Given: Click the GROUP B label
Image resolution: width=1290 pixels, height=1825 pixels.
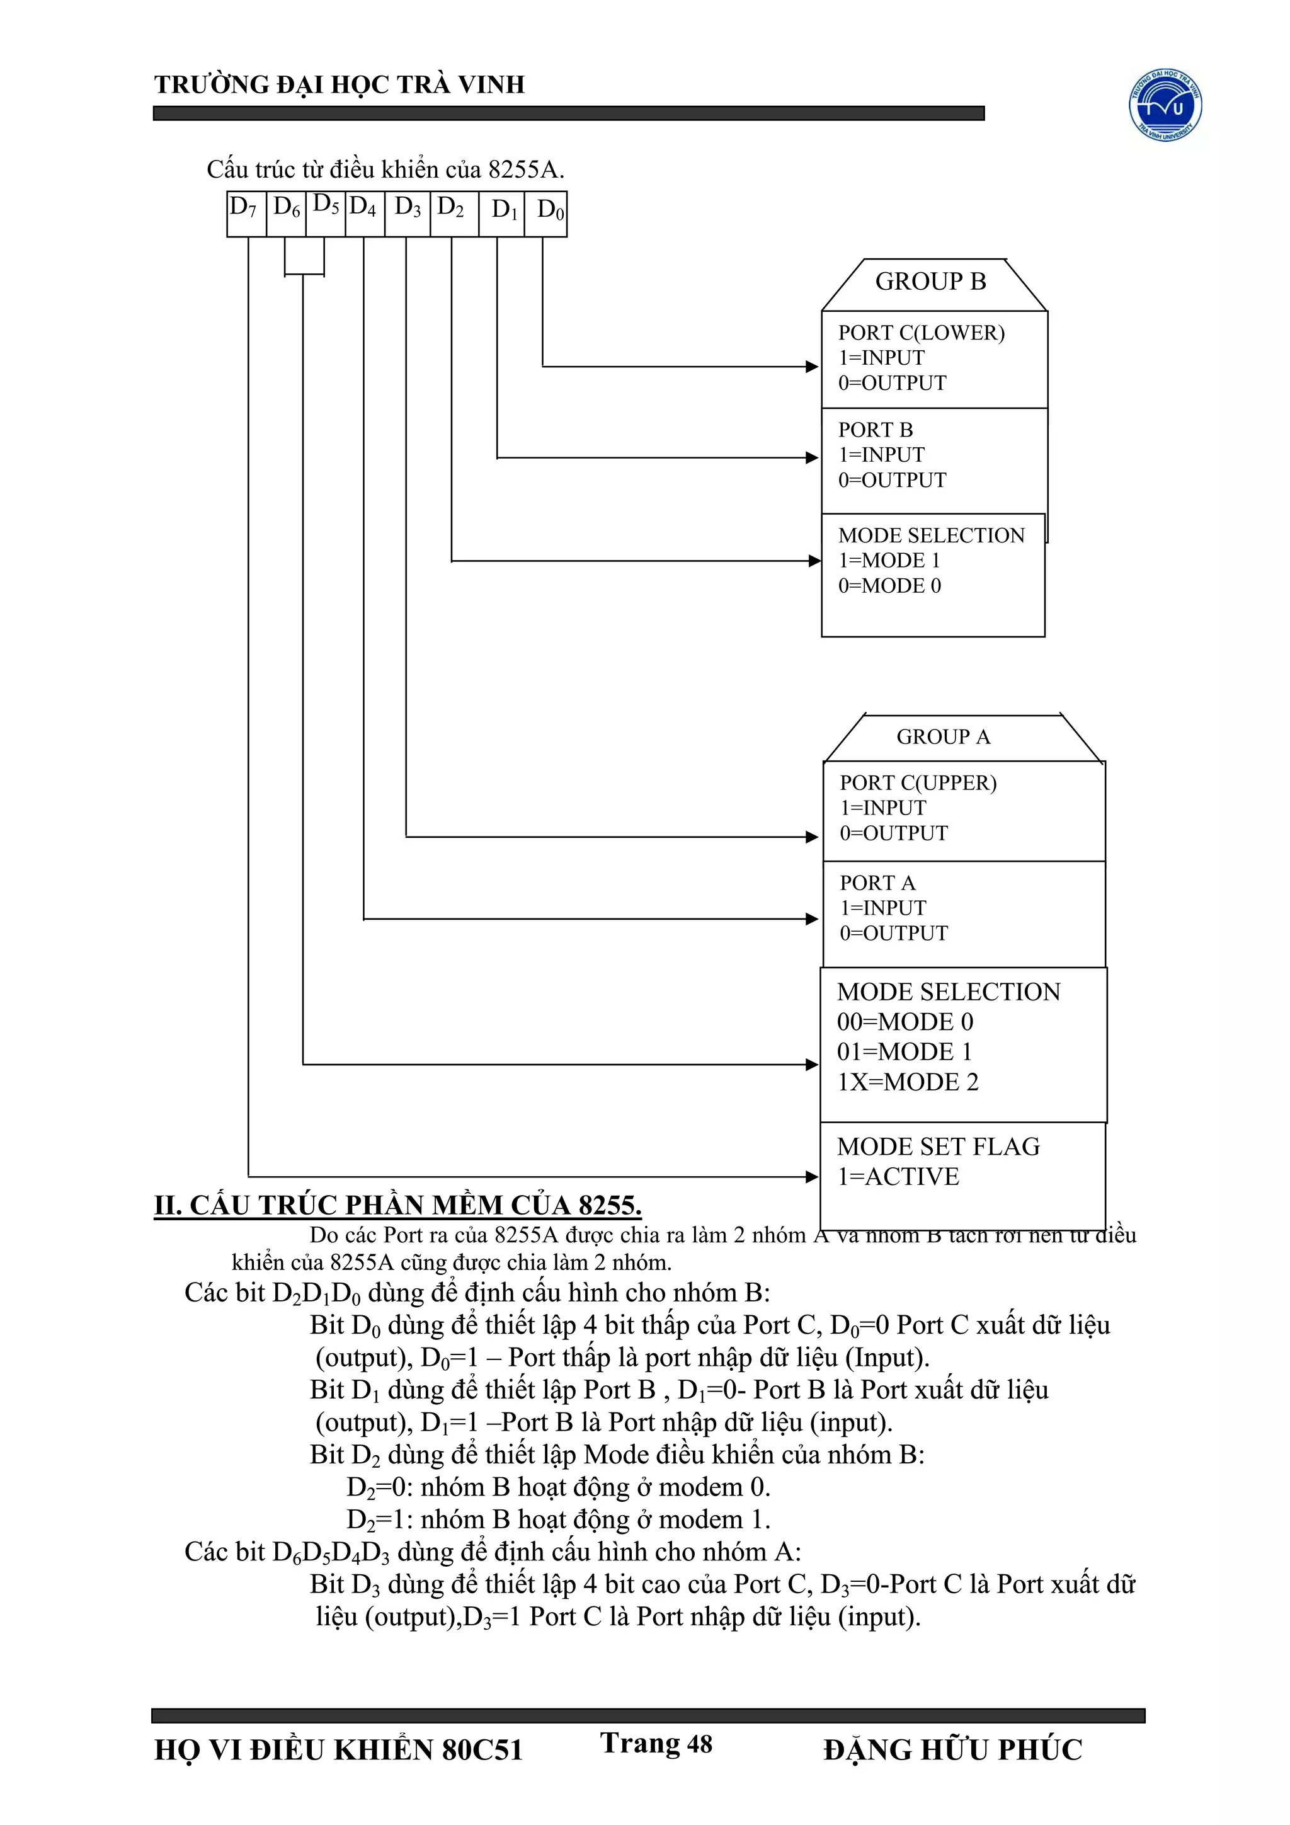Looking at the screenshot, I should [x=931, y=282].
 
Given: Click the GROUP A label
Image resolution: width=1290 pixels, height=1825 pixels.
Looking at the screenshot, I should [x=944, y=738].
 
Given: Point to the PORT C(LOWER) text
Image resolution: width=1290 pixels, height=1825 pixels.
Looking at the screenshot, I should [x=921, y=333].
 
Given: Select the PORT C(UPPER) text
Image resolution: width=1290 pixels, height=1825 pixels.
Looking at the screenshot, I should [x=918, y=783].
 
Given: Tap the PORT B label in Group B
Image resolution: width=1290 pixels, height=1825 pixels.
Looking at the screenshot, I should [x=875, y=430].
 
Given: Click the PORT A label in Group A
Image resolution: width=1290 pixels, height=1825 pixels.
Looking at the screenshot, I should [x=877, y=883].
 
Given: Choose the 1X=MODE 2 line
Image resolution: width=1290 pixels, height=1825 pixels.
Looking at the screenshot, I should [x=908, y=1082].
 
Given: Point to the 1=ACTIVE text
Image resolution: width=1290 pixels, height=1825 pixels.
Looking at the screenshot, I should [x=898, y=1176].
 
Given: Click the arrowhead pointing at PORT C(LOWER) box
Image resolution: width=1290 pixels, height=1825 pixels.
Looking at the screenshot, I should [x=811, y=367].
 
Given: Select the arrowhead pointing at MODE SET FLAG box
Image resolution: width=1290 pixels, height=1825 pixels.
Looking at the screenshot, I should [x=811, y=1176].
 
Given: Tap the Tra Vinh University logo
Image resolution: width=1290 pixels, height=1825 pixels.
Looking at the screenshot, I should [x=1165, y=105].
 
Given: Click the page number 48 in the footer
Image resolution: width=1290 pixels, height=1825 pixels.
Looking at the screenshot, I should [x=699, y=1743].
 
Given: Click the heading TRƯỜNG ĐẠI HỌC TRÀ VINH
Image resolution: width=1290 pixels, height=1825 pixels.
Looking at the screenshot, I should [x=340, y=84].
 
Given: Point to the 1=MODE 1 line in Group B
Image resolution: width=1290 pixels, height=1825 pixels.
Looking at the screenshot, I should [x=889, y=561].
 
